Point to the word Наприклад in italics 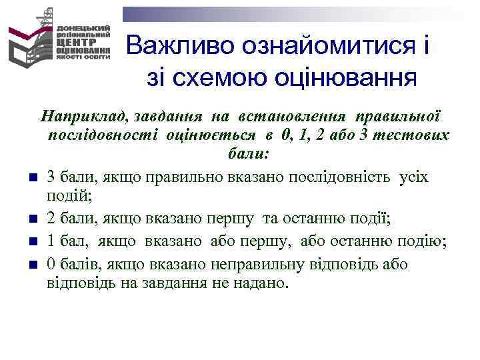coord(85,115)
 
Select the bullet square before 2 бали coord(32,220)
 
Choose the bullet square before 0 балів coord(32,264)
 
